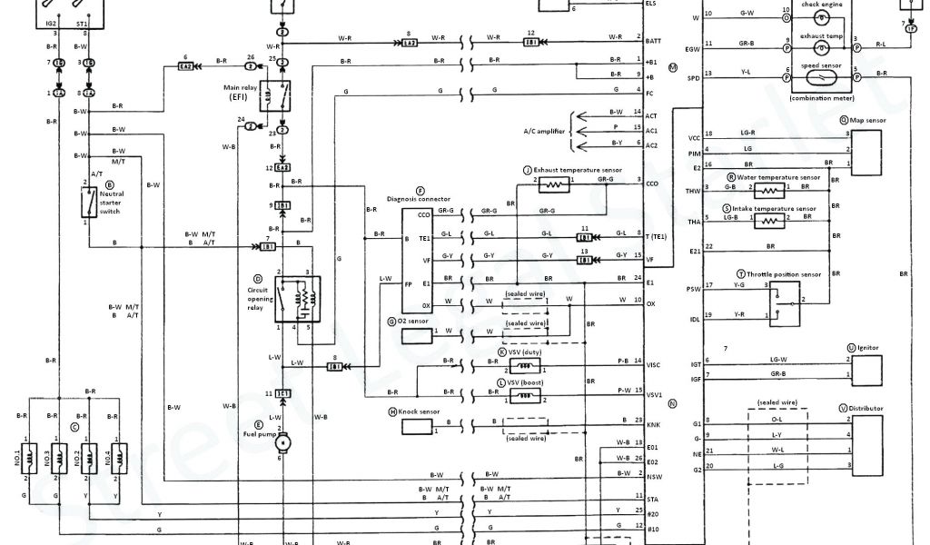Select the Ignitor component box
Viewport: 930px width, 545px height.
(x=866, y=369)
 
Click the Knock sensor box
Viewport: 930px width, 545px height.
(x=417, y=427)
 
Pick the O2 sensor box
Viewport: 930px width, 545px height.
(x=417, y=332)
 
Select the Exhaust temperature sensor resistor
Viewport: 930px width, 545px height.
(x=555, y=184)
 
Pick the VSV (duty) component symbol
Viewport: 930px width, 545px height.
(x=524, y=365)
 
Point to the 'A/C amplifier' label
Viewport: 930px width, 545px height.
(x=544, y=131)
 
